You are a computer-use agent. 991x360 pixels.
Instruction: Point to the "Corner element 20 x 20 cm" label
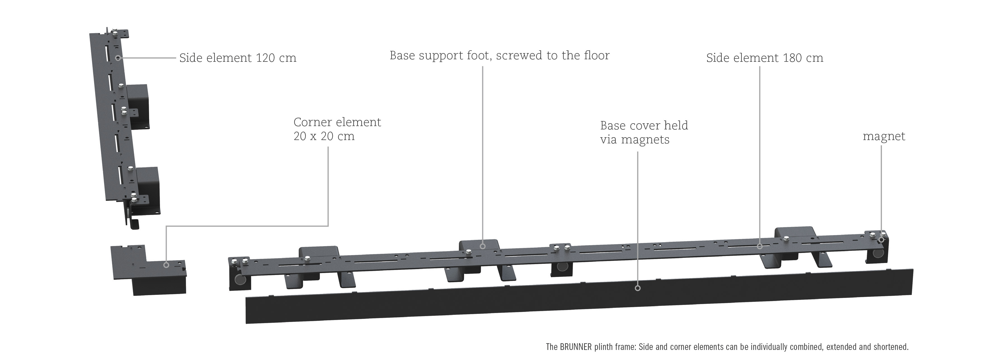point(337,129)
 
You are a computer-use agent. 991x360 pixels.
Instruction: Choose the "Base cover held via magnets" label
point(644,132)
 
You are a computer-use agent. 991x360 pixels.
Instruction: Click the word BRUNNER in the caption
point(576,347)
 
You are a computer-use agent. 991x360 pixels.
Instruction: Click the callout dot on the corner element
point(166,265)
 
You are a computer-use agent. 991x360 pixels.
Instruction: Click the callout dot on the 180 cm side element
point(760,247)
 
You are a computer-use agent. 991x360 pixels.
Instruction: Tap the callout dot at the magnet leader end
point(881,240)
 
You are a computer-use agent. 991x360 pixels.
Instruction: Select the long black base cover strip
point(579,296)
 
